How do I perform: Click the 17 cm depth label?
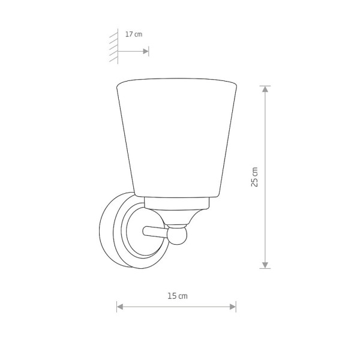click(x=134, y=35)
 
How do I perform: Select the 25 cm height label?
click(x=254, y=177)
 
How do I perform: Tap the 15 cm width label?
click(x=178, y=295)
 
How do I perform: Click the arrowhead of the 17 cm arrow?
click(x=145, y=52)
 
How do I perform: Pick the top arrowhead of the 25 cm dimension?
click(x=264, y=90)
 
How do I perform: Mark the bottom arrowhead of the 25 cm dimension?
click(x=264, y=263)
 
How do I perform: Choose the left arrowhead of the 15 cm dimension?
click(x=120, y=307)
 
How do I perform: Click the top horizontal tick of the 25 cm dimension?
click(x=264, y=86)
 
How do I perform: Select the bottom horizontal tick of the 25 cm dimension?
click(x=264, y=268)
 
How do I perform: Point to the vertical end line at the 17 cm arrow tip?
click(x=149, y=52)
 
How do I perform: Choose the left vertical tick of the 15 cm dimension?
click(x=116, y=307)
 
